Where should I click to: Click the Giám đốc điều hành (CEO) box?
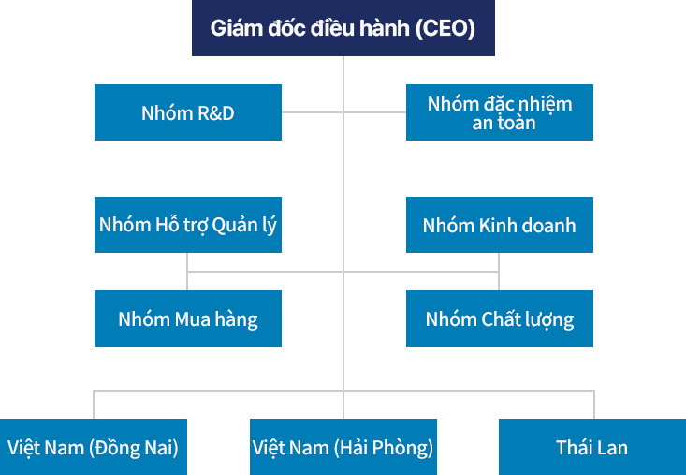(x=343, y=28)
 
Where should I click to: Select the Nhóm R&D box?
(x=187, y=112)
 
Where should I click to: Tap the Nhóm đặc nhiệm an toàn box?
(x=499, y=112)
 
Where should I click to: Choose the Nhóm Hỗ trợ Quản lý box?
(x=187, y=225)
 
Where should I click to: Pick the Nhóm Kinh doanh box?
(x=499, y=225)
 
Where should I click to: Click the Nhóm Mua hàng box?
(x=187, y=319)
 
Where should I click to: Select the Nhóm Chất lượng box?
(x=499, y=319)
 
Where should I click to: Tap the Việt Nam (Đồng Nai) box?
(x=93, y=447)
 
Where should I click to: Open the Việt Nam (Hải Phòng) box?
(x=343, y=447)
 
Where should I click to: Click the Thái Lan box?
(x=591, y=447)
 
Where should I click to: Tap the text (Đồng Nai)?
(x=133, y=447)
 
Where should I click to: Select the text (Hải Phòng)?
(x=384, y=447)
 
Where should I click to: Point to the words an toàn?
(x=504, y=123)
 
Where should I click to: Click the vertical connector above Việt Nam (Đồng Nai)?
(x=94, y=404)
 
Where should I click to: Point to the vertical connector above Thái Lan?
(x=594, y=404)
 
